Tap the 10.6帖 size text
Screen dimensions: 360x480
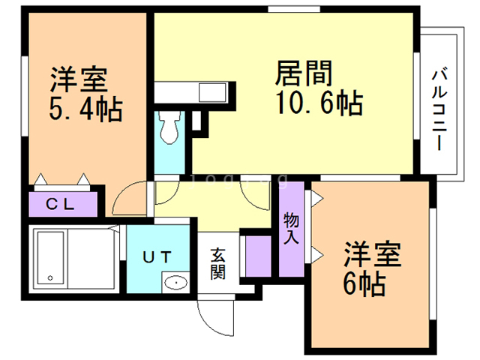[319, 103]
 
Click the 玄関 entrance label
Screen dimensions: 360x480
[217, 263]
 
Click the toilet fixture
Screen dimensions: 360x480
[169, 127]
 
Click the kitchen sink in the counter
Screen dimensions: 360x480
[210, 92]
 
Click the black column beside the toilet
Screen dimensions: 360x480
[197, 120]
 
